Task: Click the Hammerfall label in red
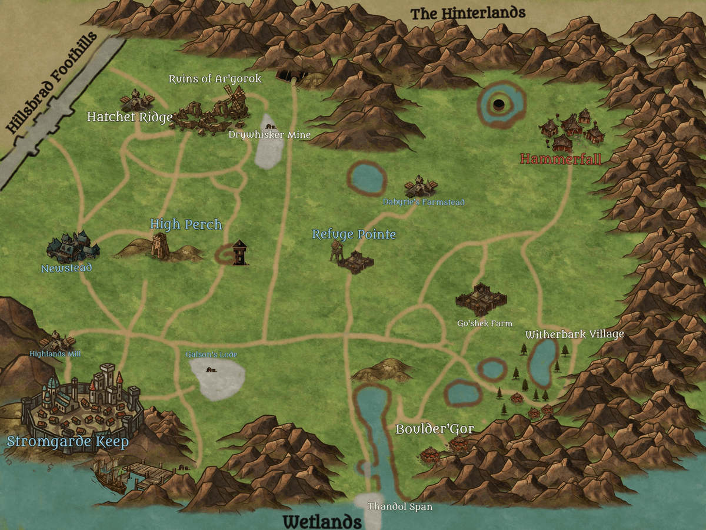561,159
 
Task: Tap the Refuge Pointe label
354,234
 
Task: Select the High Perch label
186,224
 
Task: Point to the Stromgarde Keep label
68,442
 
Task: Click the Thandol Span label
399,506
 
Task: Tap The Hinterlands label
468,13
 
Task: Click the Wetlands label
322,521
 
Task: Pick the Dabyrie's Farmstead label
424,202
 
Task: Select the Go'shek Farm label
485,323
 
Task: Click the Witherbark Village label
574,334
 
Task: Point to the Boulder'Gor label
434,429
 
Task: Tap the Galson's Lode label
211,355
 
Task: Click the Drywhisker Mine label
269,135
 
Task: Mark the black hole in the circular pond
498,105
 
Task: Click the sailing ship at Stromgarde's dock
111,474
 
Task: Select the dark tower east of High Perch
239,253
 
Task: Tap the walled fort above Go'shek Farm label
481,297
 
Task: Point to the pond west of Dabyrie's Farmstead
367,177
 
